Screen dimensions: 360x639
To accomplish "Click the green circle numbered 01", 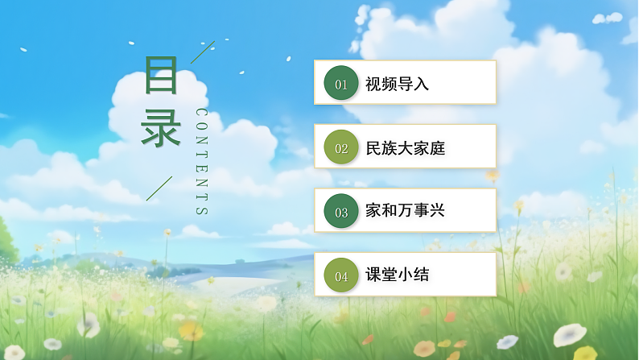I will (340, 83).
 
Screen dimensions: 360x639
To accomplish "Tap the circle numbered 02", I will (340, 147).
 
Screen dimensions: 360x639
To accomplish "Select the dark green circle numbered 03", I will (340, 212).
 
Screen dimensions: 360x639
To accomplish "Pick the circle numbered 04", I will (340, 276).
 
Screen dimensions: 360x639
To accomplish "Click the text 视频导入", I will (398, 83).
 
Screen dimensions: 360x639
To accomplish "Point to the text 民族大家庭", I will (406, 147).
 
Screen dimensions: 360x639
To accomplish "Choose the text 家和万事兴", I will (406, 211).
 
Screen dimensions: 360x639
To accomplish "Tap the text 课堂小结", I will (398, 275).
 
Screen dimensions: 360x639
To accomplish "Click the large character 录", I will (161, 129).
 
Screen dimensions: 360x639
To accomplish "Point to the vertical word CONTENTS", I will (201, 162).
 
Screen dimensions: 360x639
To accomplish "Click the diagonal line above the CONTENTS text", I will (202, 52).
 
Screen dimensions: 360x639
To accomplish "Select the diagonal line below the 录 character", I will (159, 188).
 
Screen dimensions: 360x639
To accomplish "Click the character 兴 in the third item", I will (437, 211).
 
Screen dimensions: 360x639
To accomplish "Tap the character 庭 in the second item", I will (437, 147).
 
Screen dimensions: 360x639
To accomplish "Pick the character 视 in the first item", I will (373, 83).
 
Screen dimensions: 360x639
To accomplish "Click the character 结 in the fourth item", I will (422, 275).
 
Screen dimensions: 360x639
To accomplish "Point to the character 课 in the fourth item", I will (373, 275).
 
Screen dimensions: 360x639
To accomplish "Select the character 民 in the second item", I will (373, 147).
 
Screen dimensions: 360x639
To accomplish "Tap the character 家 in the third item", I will (373, 211).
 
